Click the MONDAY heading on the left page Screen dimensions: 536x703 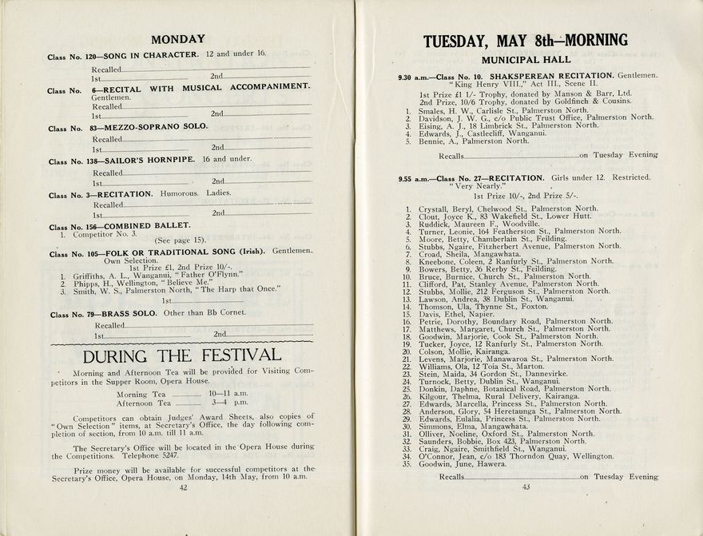pyautogui.click(x=178, y=38)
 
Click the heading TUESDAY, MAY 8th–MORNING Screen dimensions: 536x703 pyautogui.click(x=525, y=41)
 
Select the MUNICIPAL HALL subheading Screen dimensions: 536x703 pyautogui.click(x=526, y=60)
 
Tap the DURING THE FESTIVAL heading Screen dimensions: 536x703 pyautogui.click(x=182, y=355)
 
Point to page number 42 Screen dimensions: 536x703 pyautogui.click(x=183, y=486)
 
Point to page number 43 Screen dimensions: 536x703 pyautogui.click(x=526, y=486)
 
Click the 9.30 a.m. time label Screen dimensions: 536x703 pyautogui.click(x=414, y=76)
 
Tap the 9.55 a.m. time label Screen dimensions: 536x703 pyautogui.click(x=414, y=178)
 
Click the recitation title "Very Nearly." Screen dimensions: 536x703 pyautogui.click(x=478, y=186)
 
